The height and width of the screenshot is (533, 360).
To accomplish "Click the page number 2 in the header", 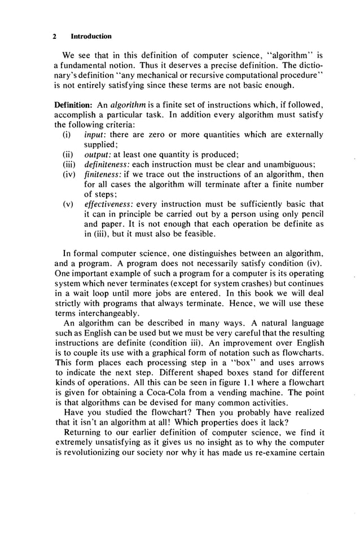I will [x=55, y=36].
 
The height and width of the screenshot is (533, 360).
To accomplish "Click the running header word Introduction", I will [x=91, y=36].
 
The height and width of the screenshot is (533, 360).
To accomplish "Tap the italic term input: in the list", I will [x=94, y=135].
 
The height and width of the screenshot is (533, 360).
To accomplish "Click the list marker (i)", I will [x=67, y=135].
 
